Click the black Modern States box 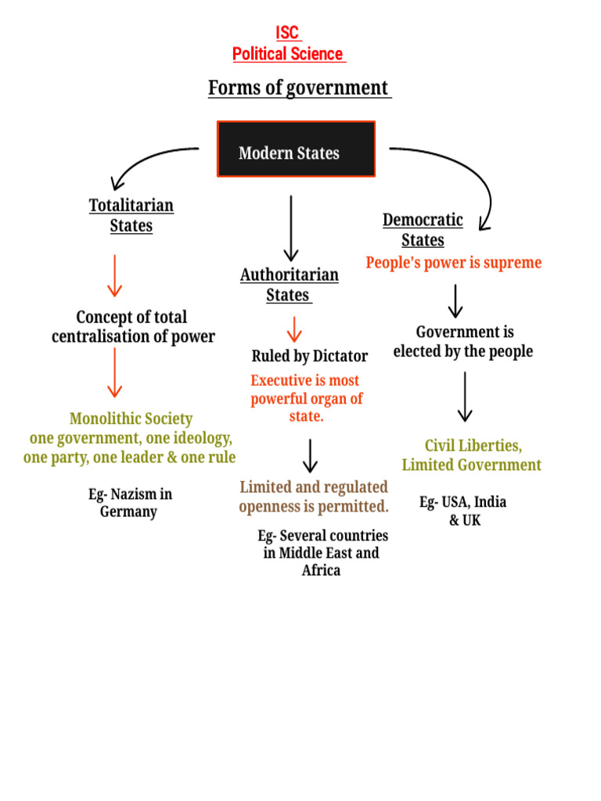[x=296, y=149]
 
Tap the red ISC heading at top [x=288, y=33]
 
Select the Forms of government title [x=299, y=88]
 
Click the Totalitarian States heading [x=131, y=215]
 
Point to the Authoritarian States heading [x=290, y=285]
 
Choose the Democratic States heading [x=423, y=230]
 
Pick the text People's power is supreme [x=454, y=263]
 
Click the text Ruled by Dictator [x=309, y=356]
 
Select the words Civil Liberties [x=473, y=446]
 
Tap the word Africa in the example [x=321, y=570]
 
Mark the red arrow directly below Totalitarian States [x=115, y=275]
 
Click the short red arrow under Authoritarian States [x=294, y=329]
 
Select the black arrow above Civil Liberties [x=465, y=397]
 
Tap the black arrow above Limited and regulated [x=311, y=457]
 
